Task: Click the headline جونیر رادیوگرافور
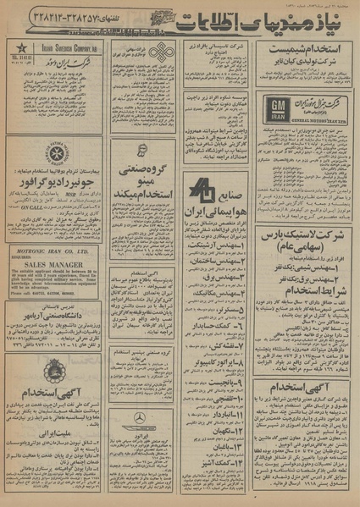56,182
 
